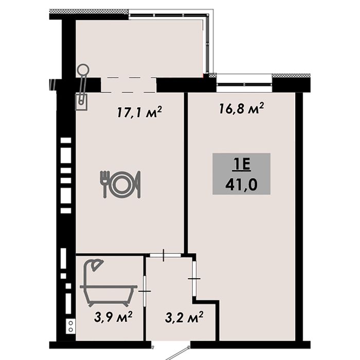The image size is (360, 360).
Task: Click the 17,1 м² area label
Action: pyautogui.click(x=139, y=112)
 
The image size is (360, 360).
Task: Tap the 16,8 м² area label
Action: pyautogui.click(x=241, y=108)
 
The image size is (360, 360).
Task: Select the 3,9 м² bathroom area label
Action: pyautogui.click(x=113, y=317)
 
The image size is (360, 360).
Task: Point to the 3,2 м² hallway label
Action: pyautogui.click(x=184, y=317)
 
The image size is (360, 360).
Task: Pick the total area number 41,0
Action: pyautogui.click(x=241, y=184)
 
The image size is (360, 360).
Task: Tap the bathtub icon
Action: pyautogui.click(x=109, y=296)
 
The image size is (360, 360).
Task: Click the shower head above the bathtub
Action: pyautogui.click(x=97, y=265)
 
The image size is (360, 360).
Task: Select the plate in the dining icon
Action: pyautogui.click(x=121, y=185)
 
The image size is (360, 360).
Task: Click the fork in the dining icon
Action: pyautogui.click(x=104, y=184)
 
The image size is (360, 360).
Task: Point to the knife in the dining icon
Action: pyautogui.click(x=138, y=184)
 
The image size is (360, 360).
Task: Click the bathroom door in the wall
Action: pyautogui.click(x=145, y=291)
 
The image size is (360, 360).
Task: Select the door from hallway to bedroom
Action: pyautogui.click(x=194, y=279)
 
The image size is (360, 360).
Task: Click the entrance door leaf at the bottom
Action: pyautogui.click(x=177, y=354)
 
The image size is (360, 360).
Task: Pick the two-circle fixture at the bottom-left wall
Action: pyautogui.click(x=71, y=326)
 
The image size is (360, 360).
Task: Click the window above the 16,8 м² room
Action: pyautogui.click(x=244, y=84)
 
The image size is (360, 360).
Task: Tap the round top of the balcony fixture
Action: pyautogui.click(x=83, y=69)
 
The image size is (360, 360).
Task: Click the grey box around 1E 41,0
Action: pyautogui.click(x=241, y=174)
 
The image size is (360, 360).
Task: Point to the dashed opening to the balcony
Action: pyautogui.click(x=129, y=85)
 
